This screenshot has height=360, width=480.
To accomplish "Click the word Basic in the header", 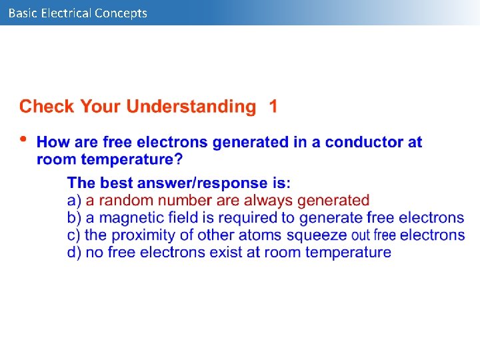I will [x=22, y=13].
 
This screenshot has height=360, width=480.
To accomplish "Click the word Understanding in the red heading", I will [x=191, y=107].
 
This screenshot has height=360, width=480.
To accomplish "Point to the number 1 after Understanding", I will [x=273, y=106].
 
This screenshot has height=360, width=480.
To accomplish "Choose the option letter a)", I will [x=74, y=200].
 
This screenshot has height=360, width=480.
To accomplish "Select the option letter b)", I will [x=74, y=217].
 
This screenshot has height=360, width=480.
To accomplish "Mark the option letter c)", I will [x=74, y=235].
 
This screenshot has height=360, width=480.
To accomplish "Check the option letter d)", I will [x=74, y=252].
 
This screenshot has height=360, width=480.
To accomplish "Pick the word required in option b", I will [x=256, y=217].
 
